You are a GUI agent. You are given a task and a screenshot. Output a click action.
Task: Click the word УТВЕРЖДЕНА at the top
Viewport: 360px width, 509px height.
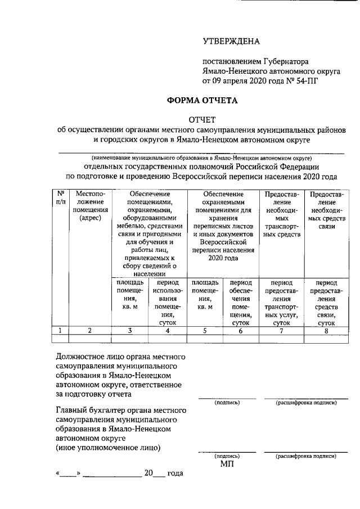point(231,41)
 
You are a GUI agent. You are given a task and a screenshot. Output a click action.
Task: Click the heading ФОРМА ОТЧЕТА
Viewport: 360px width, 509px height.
point(202,101)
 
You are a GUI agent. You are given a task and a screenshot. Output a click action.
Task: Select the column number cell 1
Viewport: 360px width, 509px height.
point(60,331)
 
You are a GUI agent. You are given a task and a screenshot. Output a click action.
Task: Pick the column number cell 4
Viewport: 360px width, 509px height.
point(167,331)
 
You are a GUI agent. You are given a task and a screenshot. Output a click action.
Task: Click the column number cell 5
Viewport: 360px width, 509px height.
point(206,331)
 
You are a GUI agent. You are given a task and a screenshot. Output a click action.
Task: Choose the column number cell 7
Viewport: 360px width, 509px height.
point(280,331)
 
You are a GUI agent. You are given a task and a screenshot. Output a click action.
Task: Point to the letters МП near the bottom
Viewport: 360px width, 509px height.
point(227,464)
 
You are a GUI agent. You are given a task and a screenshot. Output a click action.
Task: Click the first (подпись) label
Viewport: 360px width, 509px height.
point(227,403)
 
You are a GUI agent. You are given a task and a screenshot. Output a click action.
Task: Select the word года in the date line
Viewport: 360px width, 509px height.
point(175,474)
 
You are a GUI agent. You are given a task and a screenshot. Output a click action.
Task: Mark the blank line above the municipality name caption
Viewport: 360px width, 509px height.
point(202,152)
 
